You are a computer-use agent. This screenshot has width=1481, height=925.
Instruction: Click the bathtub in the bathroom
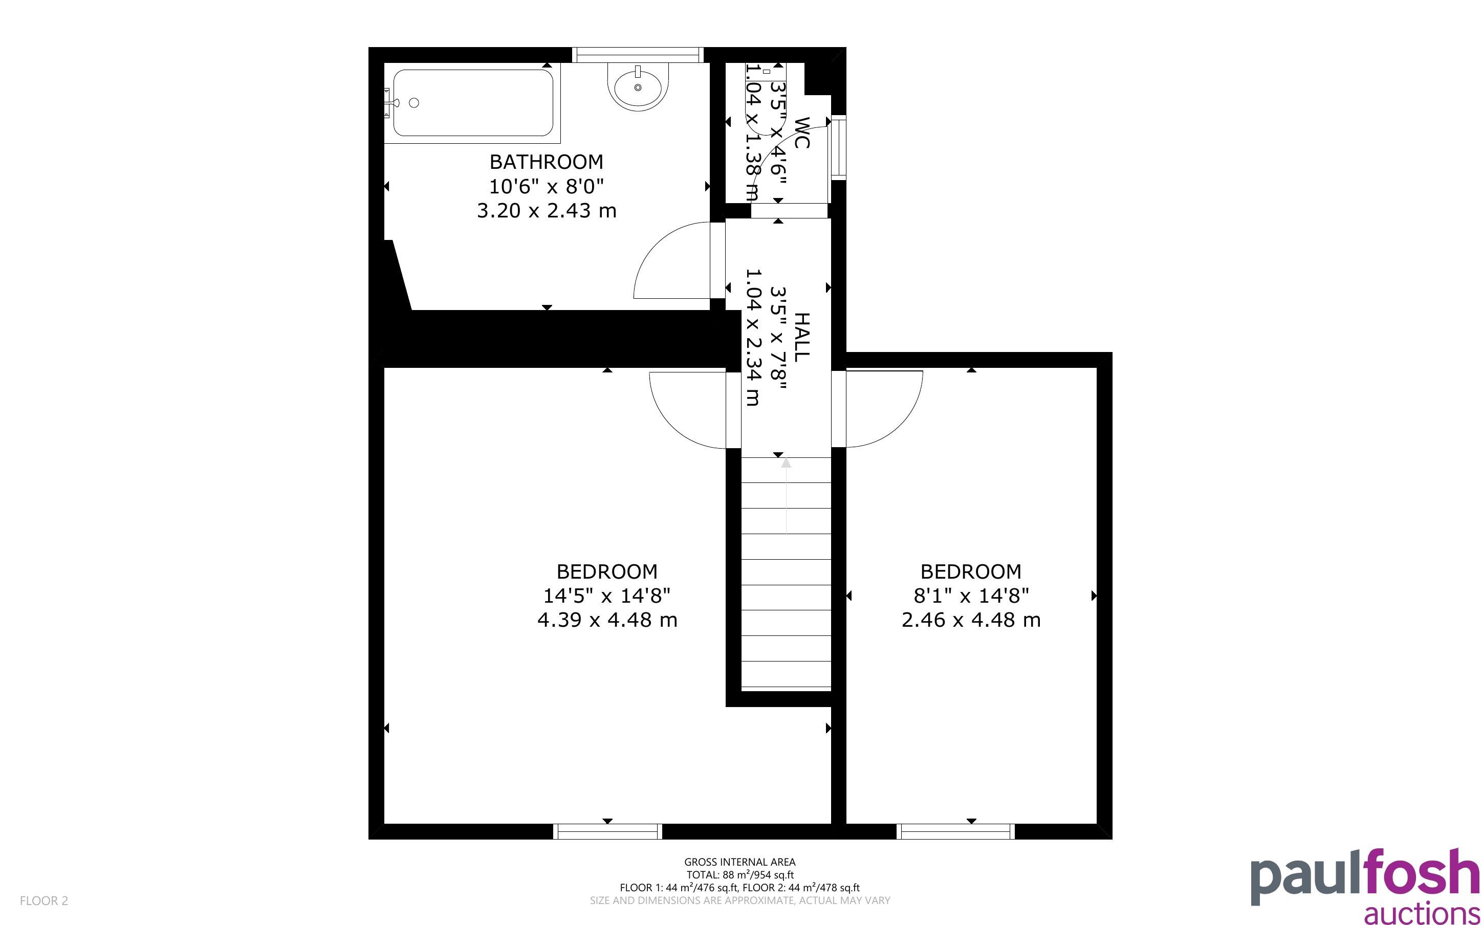(472, 103)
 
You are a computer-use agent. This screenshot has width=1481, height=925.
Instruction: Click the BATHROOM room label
(546, 162)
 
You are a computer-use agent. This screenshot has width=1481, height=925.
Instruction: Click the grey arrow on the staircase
(786, 496)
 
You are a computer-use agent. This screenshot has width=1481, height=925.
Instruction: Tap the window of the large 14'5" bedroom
(607, 831)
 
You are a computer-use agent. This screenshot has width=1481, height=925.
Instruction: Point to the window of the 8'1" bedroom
(955, 831)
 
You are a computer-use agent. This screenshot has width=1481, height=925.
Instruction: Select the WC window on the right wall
(838, 147)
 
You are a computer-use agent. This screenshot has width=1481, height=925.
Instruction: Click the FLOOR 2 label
(44, 900)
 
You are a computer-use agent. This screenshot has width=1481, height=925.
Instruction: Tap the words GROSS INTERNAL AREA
(739, 862)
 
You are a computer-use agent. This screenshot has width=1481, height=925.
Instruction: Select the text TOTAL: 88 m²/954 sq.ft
(739, 875)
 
